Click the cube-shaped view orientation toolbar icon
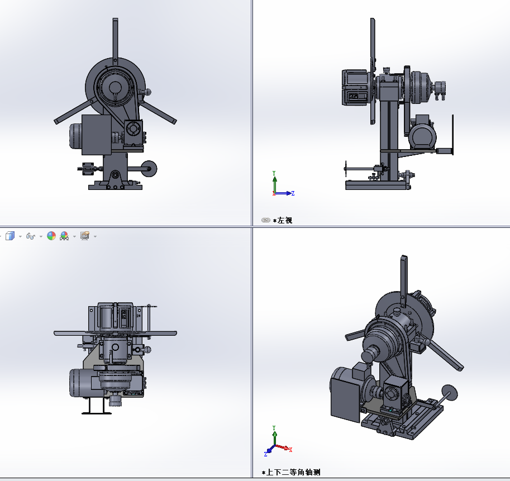click(10, 236)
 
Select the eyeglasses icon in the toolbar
click(31, 236)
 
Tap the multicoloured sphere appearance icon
click(51, 236)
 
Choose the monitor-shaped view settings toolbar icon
click(85, 236)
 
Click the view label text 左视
click(285, 221)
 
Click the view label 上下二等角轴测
click(293, 472)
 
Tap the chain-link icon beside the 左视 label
click(266, 220)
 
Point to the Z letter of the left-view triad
click(293, 193)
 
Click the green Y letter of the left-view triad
click(274, 173)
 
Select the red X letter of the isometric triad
click(290, 450)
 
